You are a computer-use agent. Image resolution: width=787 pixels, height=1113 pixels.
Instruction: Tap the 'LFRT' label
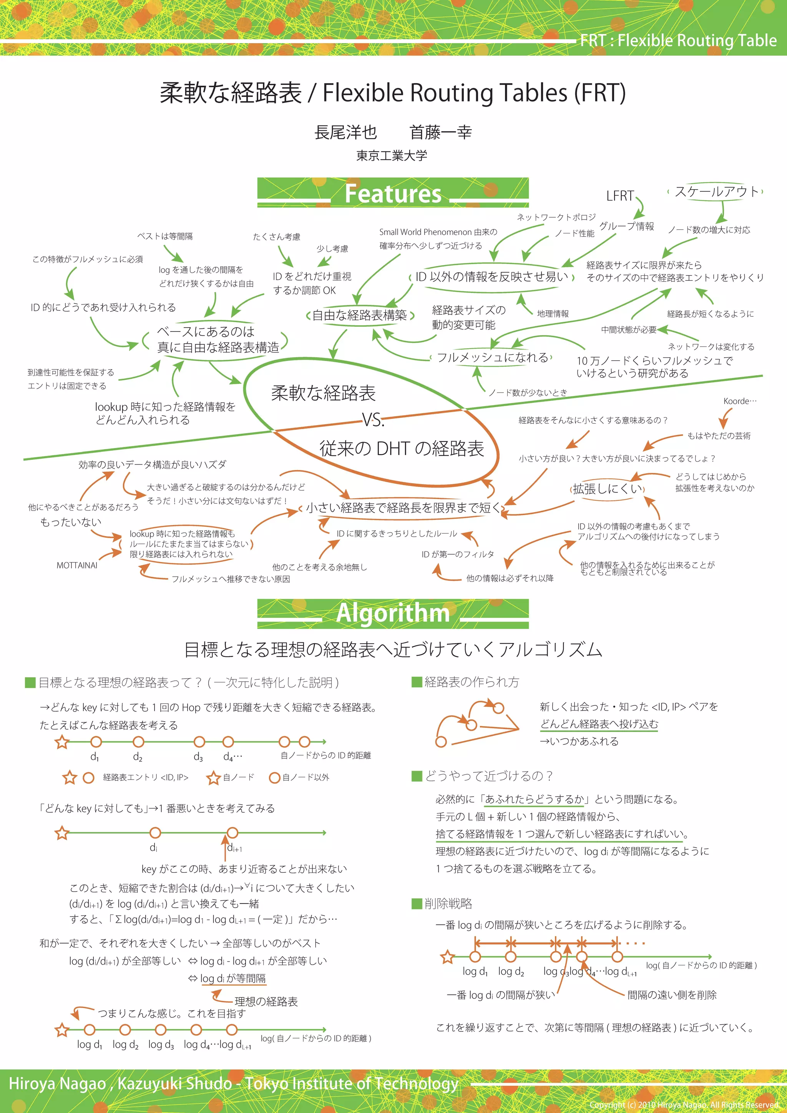point(620,196)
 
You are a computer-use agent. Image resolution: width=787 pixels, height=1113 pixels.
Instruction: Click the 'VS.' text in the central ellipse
point(373,420)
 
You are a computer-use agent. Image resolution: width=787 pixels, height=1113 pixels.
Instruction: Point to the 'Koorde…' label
point(739,401)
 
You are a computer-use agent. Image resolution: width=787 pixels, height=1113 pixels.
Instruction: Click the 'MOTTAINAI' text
point(76,565)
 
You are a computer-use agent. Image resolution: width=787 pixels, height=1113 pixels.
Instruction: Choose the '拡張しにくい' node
point(608,489)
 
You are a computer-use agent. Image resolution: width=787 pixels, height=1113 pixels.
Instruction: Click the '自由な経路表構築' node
point(360,316)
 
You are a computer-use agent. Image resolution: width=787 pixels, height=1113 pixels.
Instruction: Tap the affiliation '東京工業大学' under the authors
point(392,156)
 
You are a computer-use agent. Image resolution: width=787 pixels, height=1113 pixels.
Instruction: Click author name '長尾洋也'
point(345,132)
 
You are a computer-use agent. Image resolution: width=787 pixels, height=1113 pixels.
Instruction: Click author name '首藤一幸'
point(440,132)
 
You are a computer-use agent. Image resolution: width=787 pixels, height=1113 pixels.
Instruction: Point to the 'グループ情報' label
point(627,226)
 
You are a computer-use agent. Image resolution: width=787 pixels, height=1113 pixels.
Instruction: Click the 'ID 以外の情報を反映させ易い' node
point(492,277)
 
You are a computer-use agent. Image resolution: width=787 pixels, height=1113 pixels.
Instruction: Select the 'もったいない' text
point(71,522)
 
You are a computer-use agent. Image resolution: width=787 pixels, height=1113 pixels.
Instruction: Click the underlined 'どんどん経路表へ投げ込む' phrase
point(599,724)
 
